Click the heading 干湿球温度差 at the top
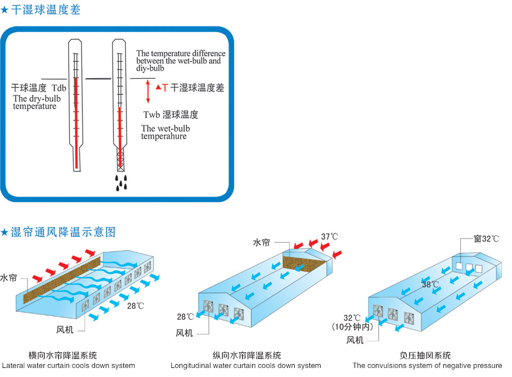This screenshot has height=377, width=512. [x=45, y=10]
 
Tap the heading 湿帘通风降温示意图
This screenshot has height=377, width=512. [x=62, y=231]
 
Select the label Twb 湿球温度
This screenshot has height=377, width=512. [x=170, y=115]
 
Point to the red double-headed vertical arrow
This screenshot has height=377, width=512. [x=148, y=91]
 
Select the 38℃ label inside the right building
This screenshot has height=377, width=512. [x=431, y=285]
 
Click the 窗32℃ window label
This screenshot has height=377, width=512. [x=486, y=239]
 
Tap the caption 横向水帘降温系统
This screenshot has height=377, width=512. [x=62, y=356]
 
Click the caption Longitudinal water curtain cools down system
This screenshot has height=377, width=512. [x=246, y=366]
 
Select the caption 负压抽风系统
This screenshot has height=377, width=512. [x=425, y=356]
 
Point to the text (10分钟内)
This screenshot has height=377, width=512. [x=354, y=327]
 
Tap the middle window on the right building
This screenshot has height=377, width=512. [x=469, y=267]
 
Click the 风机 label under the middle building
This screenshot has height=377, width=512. [x=185, y=333]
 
